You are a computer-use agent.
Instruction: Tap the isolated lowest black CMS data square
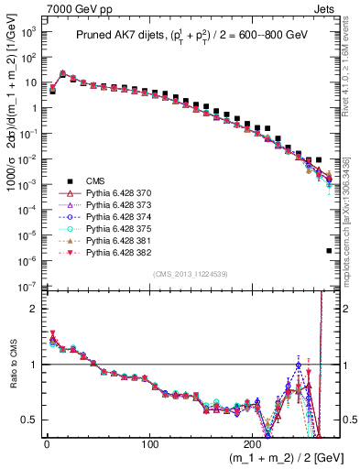[329, 250]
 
